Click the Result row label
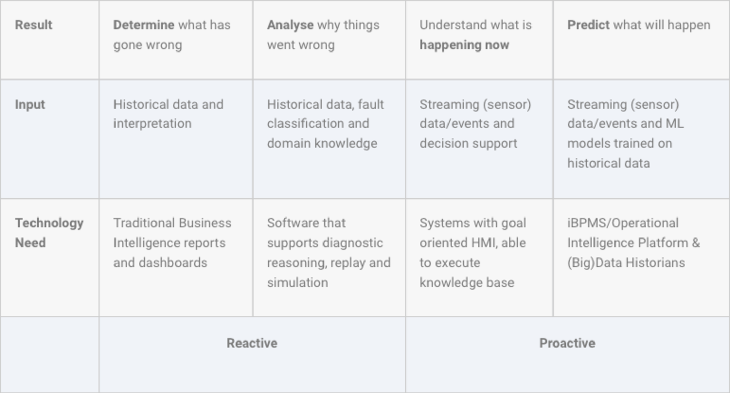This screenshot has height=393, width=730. coord(34,25)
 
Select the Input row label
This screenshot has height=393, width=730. coord(30,105)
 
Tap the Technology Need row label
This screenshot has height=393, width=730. coord(49,233)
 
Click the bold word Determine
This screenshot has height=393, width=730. coord(144,25)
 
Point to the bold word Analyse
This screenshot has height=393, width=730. coord(290,25)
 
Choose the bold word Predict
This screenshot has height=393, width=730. coord(588,25)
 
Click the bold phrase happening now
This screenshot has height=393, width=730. coord(464,45)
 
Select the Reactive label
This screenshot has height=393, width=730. coord(252,343)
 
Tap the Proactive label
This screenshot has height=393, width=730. coord(567,343)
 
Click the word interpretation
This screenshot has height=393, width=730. coord(152,124)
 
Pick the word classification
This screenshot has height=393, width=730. coord(303,124)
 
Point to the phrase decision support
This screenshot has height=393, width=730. coord(468,144)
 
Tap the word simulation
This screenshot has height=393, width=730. coord(297,283)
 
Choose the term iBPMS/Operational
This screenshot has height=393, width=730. coord(623,223)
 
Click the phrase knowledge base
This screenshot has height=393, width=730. coord(467,283)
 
